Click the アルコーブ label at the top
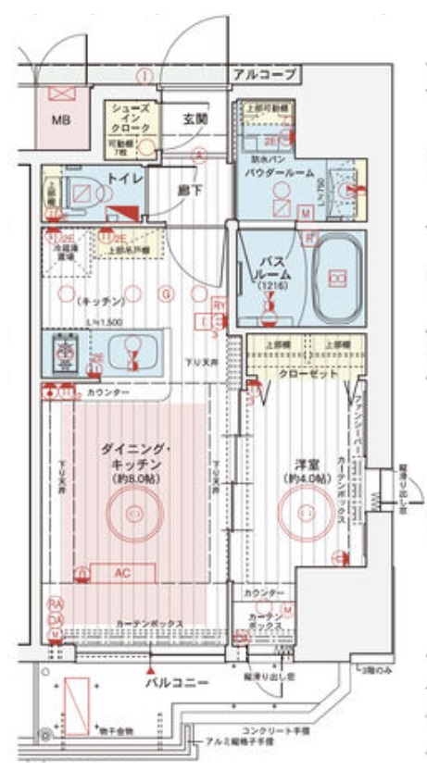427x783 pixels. (x=264, y=72)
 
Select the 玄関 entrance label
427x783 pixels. (x=194, y=118)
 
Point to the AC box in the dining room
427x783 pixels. (x=121, y=572)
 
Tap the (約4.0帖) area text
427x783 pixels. (x=306, y=478)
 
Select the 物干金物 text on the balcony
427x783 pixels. (x=117, y=731)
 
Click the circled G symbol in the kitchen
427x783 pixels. (x=166, y=294)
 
